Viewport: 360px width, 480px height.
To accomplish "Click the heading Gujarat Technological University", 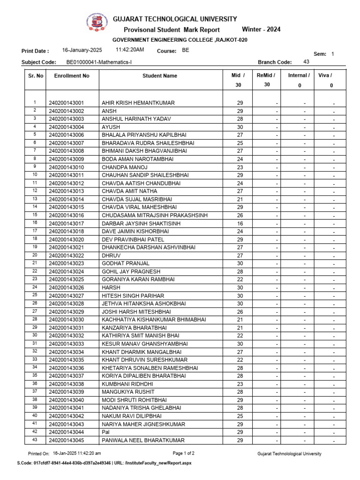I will coord(175,19).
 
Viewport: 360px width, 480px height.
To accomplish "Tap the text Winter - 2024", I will coord(261,30).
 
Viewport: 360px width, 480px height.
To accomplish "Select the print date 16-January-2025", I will coord(82,50).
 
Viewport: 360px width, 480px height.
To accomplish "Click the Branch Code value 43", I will coord(307,61).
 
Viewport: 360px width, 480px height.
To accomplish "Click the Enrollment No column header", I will coord(72,75).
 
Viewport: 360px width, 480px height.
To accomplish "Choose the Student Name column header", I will coord(160,75).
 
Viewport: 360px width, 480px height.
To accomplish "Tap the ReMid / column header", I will coord(266,75).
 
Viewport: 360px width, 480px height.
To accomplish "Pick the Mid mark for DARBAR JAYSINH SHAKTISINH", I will coord(240,224).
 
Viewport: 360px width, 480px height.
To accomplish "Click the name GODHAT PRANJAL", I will coord(125,263).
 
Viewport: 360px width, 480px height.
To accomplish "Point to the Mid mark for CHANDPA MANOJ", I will coord(240,167).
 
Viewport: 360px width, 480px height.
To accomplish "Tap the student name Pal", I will coord(105,432).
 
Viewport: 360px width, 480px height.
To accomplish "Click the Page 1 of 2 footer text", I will coord(183,453).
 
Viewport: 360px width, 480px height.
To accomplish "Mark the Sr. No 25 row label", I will coord(35,295).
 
